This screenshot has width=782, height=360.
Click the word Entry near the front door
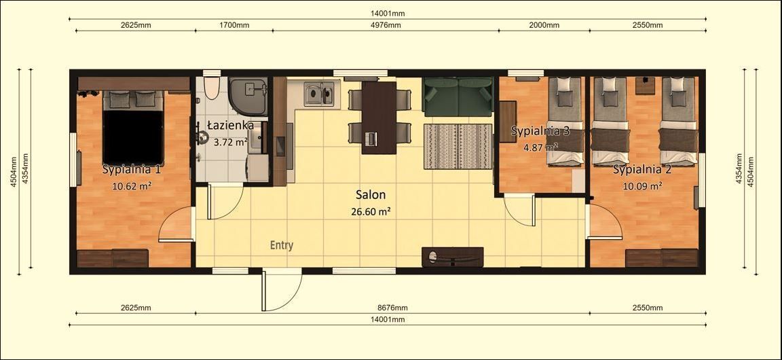[282, 245]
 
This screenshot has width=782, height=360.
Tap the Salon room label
[371, 195]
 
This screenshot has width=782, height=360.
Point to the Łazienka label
[231, 126]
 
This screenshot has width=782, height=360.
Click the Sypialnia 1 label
[132, 169]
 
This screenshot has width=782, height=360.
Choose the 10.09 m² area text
[642, 185]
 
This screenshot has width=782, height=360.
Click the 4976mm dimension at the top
[386, 25]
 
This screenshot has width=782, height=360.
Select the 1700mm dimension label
[234, 25]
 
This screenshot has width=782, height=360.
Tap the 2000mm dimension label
[544, 25]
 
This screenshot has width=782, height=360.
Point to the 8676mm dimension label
[392, 308]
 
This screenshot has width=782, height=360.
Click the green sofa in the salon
[458, 96]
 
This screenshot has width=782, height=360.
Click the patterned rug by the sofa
[458, 146]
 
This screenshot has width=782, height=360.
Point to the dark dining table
[378, 115]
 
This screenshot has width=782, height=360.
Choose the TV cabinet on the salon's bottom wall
[452, 257]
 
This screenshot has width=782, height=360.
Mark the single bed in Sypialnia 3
[565, 122]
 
